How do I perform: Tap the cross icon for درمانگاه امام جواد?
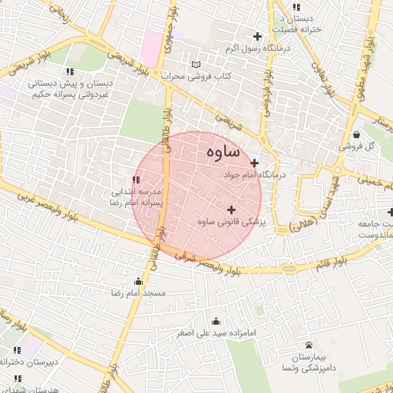(254, 163)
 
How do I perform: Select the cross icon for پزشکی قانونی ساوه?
(231, 210)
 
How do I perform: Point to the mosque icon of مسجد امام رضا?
(138, 281)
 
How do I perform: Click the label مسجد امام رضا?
(138, 293)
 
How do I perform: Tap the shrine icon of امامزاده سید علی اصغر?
(216, 321)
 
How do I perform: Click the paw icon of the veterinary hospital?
(309, 345)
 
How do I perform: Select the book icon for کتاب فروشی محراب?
(196, 64)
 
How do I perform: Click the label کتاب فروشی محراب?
(196, 77)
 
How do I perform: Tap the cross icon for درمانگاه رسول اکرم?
(257, 36)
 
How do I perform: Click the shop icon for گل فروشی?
(356, 132)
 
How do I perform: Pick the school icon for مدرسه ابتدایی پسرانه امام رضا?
(136, 180)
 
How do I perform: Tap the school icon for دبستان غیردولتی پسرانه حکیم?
(70, 71)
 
